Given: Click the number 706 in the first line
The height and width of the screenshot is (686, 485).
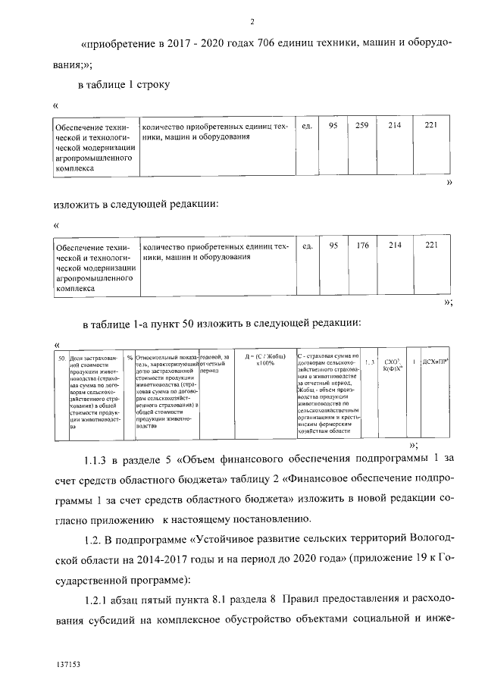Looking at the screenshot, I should tap(252, 44).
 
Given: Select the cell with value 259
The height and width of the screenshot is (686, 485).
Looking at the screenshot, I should tap(361, 124).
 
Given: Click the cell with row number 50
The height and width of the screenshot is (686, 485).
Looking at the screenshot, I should tap(61, 356).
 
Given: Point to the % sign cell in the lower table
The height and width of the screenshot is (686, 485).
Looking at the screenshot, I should tap(130, 356).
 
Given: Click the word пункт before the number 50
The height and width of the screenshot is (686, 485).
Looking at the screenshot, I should tap(165, 324).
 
